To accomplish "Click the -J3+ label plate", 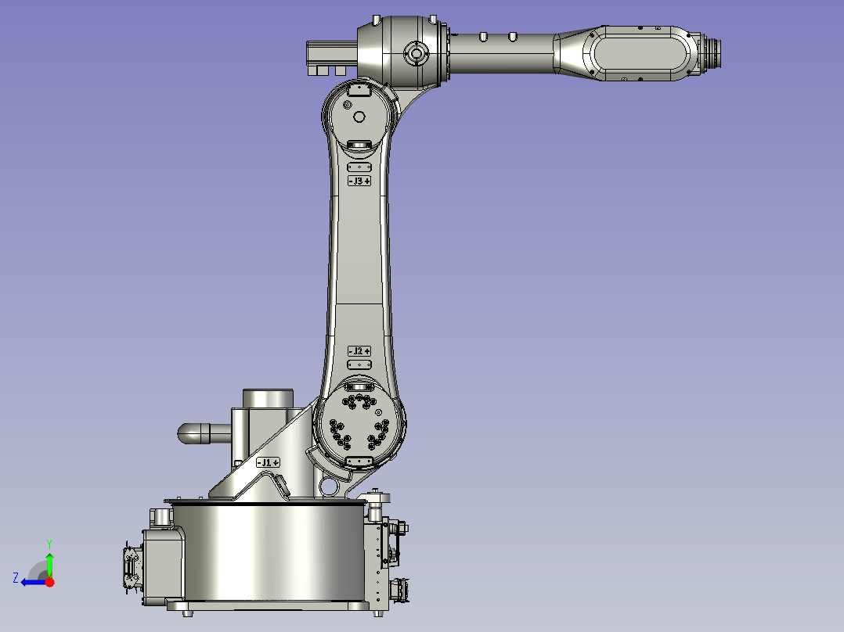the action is tap(359, 181).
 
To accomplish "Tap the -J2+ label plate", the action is tap(359, 351).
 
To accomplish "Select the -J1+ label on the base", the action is tap(268, 462).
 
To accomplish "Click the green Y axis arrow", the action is tap(49, 562).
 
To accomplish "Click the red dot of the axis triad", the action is tap(49, 582).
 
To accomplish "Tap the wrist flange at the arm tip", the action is tap(712, 53).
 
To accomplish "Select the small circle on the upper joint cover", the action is tap(359, 117).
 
